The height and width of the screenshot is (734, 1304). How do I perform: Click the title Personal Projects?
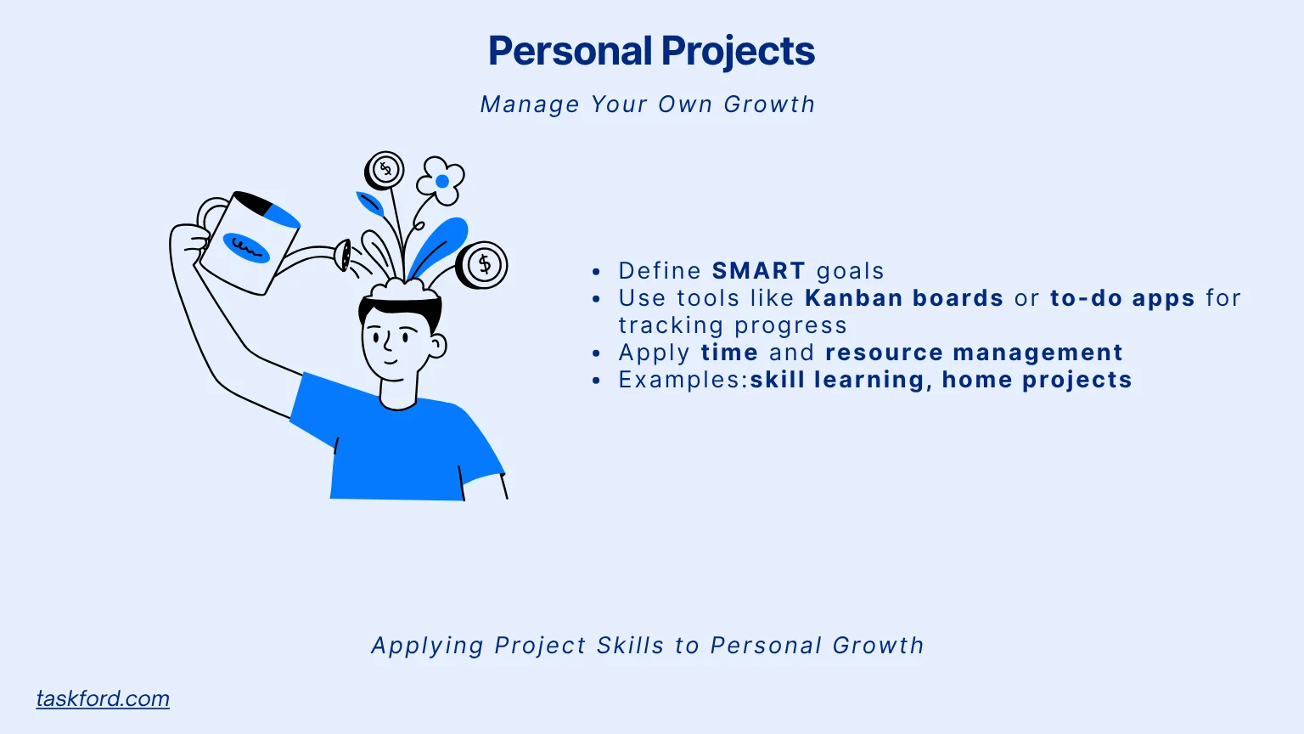coord(651,51)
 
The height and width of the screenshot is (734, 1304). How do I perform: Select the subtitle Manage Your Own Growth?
coord(647,104)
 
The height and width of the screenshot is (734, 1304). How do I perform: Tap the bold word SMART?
coord(758,271)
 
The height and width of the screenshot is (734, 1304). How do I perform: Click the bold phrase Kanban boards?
coord(904,298)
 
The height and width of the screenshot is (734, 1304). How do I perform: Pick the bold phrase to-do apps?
coord(1122,298)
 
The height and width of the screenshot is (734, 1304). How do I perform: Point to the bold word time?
coord(729,353)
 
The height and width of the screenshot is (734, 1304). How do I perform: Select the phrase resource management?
coord(974,353)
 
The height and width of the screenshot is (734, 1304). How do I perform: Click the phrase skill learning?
coord(836,380)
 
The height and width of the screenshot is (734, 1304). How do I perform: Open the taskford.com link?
coord(103,698)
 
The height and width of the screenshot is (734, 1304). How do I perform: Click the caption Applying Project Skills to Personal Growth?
coord(647,646)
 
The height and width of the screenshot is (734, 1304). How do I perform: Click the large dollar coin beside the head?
coord(483,264)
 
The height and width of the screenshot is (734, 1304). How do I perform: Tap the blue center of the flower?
coord(441,181)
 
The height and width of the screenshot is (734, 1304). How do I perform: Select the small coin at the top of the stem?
coord(385,170)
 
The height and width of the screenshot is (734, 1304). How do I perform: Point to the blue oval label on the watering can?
coord(246,247)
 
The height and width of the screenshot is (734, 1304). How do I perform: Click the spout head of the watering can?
coord(344,255)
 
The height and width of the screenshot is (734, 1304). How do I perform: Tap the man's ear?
coord(437,346)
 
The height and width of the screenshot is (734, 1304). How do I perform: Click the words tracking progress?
coord(732,325)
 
